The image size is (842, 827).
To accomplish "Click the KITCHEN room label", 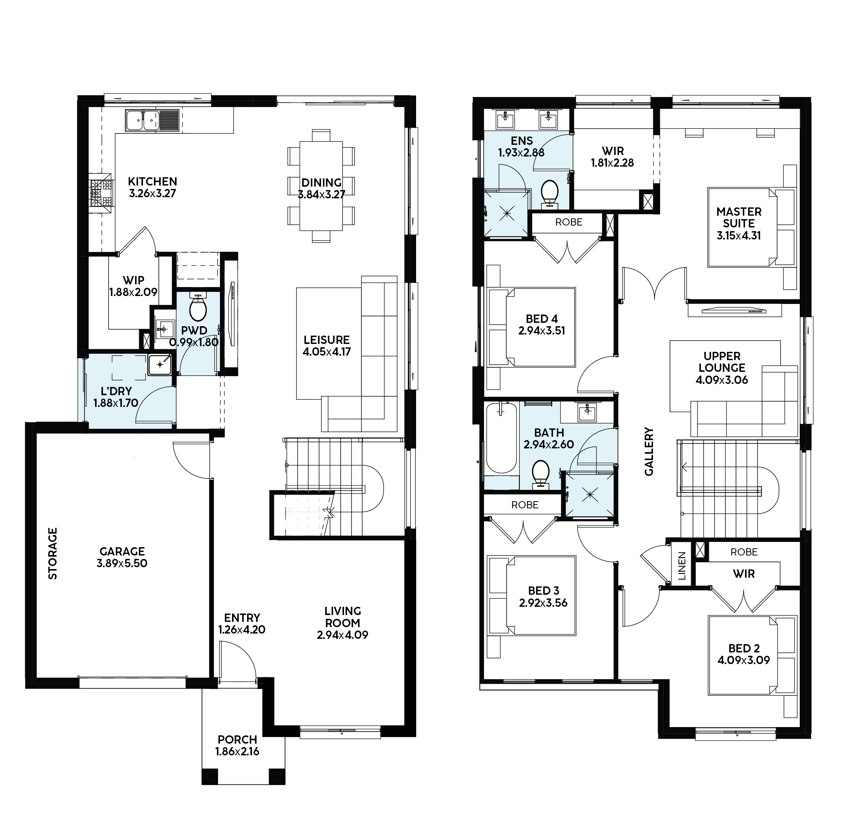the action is point(152,181).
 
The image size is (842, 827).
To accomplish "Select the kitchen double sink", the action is point(142,120).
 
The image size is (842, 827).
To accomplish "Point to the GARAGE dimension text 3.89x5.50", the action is point(122,563).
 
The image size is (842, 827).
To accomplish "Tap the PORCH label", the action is point(237,739).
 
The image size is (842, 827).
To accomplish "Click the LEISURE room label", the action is point(326,340).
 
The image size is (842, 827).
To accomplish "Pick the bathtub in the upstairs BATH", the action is point(502,438).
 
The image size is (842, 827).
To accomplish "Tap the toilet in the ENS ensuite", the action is point(550,194).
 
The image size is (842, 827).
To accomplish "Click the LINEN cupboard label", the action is point(682,566).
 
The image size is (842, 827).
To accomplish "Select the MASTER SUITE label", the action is point(739,218).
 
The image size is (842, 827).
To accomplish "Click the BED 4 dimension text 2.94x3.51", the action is point(542,331).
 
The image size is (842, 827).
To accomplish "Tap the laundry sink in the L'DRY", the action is point(160,364).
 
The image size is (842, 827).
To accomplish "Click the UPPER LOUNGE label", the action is point(722,362).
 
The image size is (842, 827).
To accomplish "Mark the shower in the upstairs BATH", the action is point(590,494).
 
